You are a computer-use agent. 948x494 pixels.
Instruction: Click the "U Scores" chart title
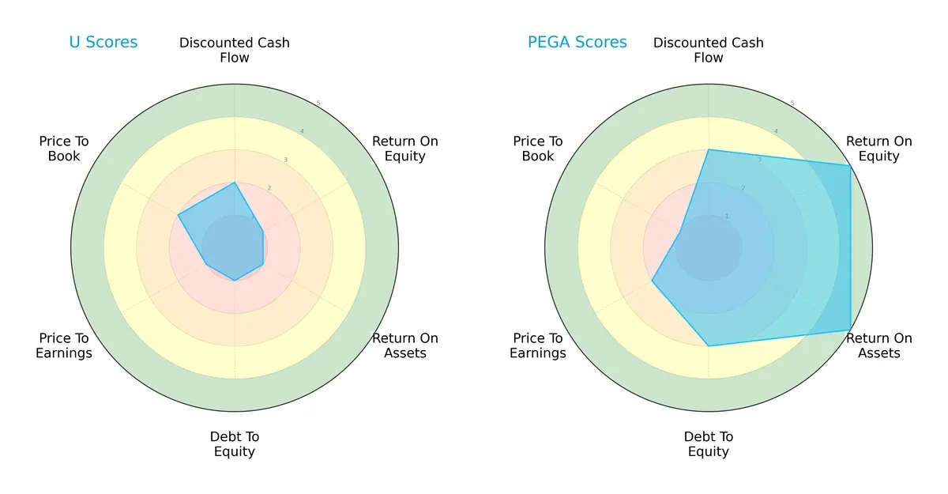point(103,43)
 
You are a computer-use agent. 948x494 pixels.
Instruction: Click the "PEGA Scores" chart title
point(577,43)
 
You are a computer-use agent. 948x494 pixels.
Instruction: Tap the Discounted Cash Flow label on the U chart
point(235,50)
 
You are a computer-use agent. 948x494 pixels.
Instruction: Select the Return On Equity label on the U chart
point(404,149)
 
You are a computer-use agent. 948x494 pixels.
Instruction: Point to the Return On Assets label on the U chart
point(404,345)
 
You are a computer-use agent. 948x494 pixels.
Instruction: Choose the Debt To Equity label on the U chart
point(235,444)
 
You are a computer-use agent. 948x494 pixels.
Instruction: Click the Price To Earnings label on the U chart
point(64,345)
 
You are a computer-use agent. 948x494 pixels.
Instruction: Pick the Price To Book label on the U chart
point(64,149)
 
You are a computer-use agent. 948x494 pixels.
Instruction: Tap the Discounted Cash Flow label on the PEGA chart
point(709,50)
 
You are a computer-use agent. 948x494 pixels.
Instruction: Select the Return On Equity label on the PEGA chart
point(878,149)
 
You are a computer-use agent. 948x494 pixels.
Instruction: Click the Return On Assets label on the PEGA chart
point(878,345)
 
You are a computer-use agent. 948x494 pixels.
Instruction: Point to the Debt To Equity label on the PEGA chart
point(709,444)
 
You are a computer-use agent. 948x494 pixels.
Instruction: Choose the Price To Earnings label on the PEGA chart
point(538,345)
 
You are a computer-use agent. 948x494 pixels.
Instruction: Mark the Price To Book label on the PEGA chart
point(538,149)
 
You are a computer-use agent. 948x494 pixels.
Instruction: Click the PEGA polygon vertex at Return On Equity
point(850,165)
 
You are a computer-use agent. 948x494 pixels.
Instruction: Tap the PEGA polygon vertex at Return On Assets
point(850,330)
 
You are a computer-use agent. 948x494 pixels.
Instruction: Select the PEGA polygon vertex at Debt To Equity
point(709,345)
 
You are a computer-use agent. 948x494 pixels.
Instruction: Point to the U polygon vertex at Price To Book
point(178,215)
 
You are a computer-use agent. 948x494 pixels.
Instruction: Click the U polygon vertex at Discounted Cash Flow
point(235,183)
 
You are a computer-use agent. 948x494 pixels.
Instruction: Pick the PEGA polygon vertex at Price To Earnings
point(652,281)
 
